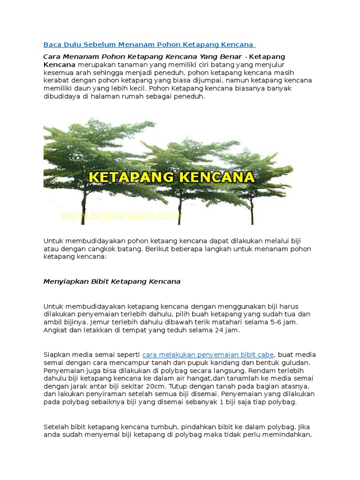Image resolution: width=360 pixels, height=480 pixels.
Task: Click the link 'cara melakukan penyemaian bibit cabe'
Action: pyautogui.click(x=208, y=354)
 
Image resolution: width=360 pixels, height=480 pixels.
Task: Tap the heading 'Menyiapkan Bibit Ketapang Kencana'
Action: pyautogui.click(x=112, y=282)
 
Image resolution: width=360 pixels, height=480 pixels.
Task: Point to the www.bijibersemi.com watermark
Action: pyautogui.click(x=120, y=216)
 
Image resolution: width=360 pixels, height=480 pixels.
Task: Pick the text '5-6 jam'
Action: pyautogui.click(x=283, y=322)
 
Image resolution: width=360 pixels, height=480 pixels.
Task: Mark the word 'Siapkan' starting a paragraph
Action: pyautogui.click(x=57, y=354)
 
